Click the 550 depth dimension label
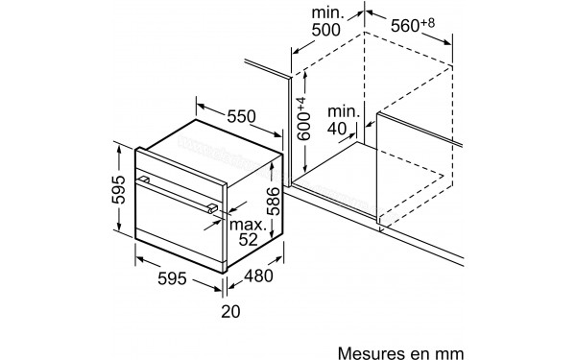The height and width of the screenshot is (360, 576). [240, 117]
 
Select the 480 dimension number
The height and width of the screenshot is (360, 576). [256, 276]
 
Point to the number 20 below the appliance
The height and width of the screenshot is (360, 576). [229, 309]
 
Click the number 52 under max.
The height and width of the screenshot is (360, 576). [248, 240]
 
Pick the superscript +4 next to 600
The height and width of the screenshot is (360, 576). [299, 100]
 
